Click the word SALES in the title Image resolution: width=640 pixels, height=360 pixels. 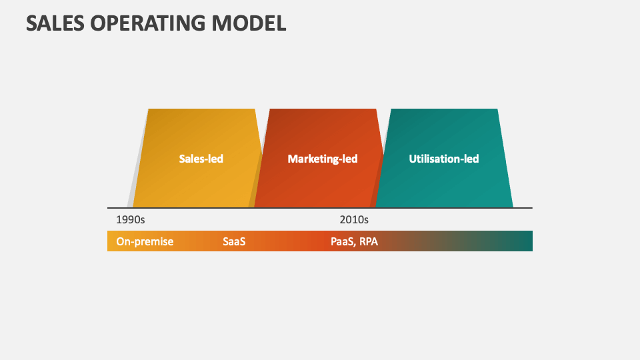[55, 23]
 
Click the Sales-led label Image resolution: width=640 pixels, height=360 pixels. [201, 159]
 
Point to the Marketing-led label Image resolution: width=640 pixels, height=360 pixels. [323, 159]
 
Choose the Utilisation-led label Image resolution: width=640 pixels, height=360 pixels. [444, 159]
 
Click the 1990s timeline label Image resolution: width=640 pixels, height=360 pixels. [130, 219]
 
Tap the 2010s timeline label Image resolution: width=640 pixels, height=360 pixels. [354, 219]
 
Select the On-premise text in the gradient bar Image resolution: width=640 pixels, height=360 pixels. [145, 241]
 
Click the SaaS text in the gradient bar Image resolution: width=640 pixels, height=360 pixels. [234, 241]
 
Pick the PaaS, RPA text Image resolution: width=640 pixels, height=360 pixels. [354, 241]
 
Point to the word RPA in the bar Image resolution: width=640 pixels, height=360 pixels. [369, 241]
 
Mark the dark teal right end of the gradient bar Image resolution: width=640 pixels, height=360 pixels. [523, 241]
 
